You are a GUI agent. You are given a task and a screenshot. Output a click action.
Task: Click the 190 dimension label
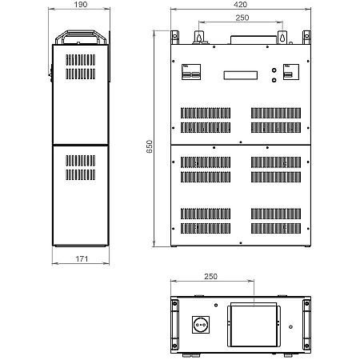pos(81,5)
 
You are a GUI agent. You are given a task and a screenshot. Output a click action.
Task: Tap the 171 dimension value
pos(82,258)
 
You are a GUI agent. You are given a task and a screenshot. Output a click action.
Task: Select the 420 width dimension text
pos(240,5)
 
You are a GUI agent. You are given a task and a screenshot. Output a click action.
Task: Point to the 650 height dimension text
pos(150,146)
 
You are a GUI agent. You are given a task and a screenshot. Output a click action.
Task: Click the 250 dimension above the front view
pos(242,18)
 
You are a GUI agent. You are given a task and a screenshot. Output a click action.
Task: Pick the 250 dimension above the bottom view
pos(210,276)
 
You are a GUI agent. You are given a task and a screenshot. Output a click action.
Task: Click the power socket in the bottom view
pos(201,325)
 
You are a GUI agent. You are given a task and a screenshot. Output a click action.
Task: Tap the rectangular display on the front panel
pos(241,75)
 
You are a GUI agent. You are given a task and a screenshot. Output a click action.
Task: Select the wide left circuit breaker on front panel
pos(191,72)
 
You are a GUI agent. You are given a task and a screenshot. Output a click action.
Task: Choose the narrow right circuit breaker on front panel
pos(291,72)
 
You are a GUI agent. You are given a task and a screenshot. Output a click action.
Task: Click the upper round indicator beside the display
pos(274,70)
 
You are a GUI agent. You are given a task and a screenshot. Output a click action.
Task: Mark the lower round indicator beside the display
pos(274,80)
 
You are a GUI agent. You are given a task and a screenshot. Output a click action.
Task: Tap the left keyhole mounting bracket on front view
pos(198,37)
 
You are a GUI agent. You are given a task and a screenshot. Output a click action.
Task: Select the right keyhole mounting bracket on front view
pos(282,37)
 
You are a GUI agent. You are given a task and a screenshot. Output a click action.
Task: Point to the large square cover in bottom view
pos(254,325)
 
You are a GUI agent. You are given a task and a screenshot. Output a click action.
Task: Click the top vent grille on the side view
pos(80,60)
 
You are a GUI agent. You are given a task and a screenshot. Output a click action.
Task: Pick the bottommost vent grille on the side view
pos(80,174)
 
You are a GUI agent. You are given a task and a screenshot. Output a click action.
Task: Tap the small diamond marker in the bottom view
pos(290,326)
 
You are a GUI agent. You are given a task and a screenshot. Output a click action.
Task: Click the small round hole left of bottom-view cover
pos(216,305)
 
